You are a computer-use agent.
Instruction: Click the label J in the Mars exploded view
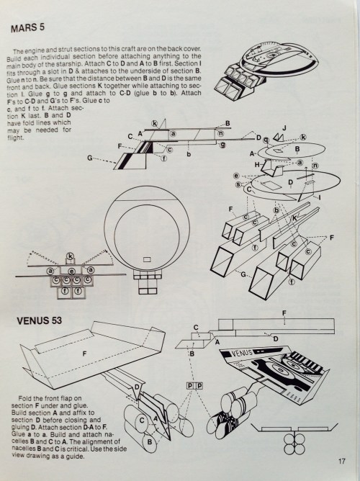[x=284, y=128]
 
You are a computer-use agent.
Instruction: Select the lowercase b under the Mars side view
[x=188, y=154]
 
